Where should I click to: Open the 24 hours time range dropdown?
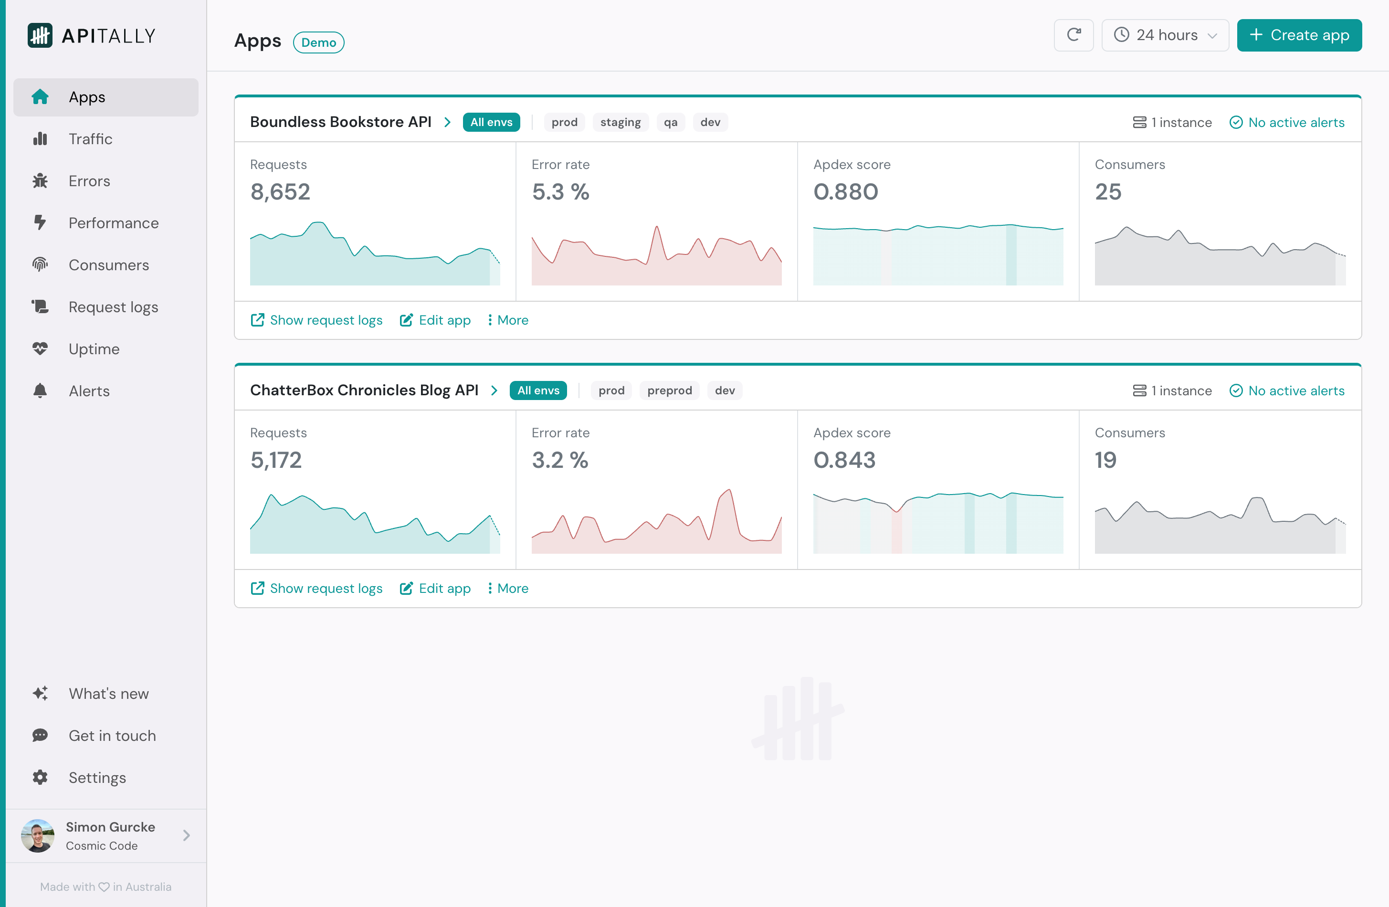click(x=1164, y=35)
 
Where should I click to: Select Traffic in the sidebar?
click(x=91, y=139)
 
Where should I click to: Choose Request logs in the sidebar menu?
click(x=113, y=307)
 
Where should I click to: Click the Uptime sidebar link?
click(x=94, y=349)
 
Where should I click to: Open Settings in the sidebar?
click(x=97, y=778)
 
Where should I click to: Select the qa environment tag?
click(x=670, y=123)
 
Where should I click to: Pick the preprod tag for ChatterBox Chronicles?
click(x=669, y=390)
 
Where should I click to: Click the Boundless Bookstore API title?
click(x=340, y=122)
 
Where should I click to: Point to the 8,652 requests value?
click(x=280, y=192)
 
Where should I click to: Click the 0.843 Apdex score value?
click(x=844, y=460)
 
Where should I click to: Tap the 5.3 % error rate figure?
click(x=560, y=192)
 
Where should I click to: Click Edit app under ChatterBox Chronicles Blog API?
click(x=435, y=588)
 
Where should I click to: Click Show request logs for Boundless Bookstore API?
click(x=316, y=320)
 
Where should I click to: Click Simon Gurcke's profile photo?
click(x=38, y=835)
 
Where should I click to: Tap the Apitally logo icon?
click(x=40, y=36)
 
